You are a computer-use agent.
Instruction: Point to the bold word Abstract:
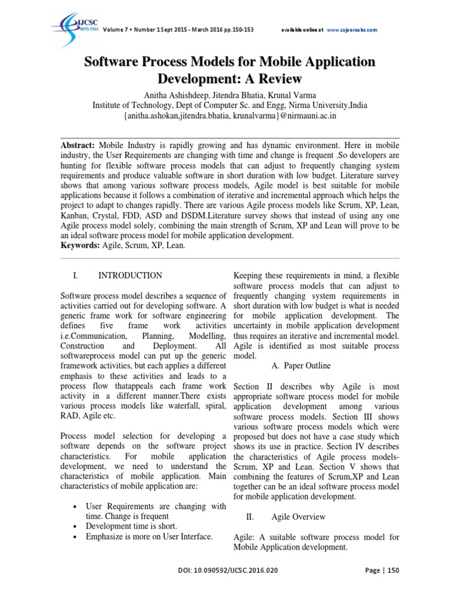point(79,145)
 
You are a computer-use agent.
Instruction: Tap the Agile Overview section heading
point(298,516)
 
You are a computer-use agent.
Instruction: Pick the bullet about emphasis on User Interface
point(149,536)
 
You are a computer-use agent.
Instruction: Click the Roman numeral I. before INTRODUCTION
point(76,276)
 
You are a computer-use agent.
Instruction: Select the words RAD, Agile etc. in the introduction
point(95,415)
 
